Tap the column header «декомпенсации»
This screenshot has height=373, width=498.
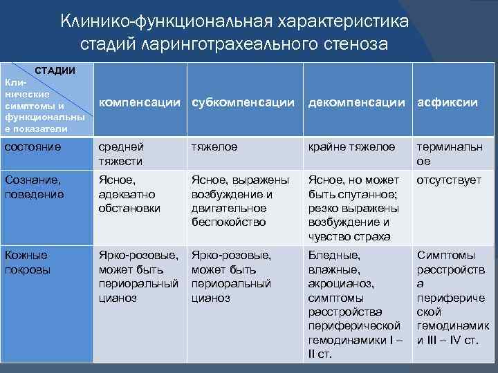[x=356, y=102]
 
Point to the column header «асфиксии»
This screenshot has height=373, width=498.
[x=447, y=102]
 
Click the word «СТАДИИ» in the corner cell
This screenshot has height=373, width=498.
[x=55, y=70]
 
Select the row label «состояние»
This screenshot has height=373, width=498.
[x=33, y=146]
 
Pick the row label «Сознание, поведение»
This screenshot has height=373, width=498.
[x=34, y=187]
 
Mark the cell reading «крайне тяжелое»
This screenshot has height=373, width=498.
[x=352, y=146]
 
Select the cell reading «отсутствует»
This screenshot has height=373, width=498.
[x=449, y=180]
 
